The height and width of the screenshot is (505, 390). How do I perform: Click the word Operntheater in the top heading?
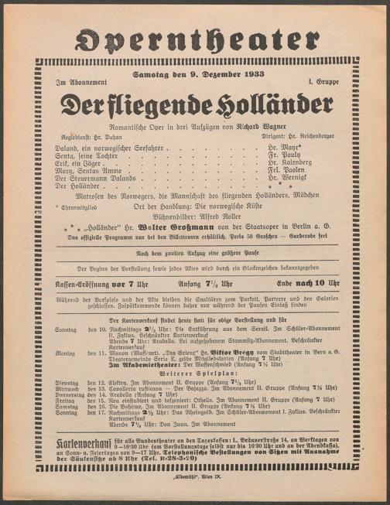point(195,37)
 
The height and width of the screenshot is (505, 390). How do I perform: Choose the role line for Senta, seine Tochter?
point(72,155)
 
